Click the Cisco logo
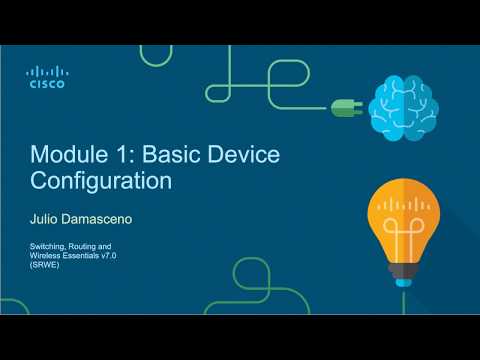[x=45, y=77]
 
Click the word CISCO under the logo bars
[x=45, y=85]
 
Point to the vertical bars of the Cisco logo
[x=45, y=71]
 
